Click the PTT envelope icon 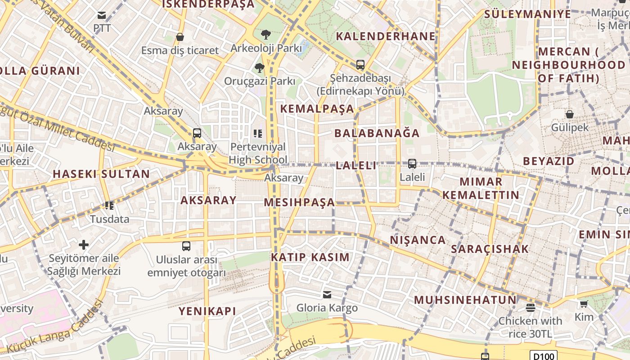coord(102,16)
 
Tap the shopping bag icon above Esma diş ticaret coord(180,37)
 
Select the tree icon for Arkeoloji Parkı coord(266,34)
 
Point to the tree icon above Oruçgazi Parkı coord(259,68)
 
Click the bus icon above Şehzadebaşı coord(360,64)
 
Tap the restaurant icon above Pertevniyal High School coord(258,133)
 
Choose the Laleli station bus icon coord(412,164)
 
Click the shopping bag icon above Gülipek coord(570,114)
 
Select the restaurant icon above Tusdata coord(109,206)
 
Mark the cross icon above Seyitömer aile coord(84,245)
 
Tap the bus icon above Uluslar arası coord(186,246)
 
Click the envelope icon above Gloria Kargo coord(327,295)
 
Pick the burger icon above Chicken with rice coord(531,308)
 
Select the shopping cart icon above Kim coord(584,304)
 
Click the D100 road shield coord(543,356)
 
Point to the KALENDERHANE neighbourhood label coord(386,36)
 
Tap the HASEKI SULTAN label coord(101,174)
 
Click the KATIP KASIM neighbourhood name coord(310,257)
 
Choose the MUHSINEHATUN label coord(465,300)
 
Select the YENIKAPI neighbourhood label coord(207,311)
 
